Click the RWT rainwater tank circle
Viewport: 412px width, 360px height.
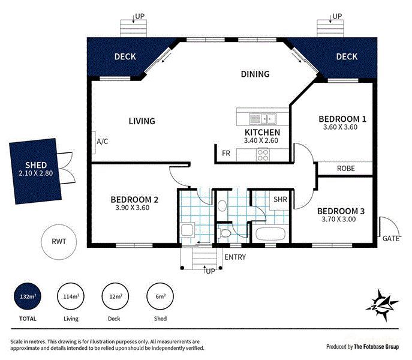click(x=59, y=243)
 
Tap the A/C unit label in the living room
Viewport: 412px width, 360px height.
click(x=102, y=142)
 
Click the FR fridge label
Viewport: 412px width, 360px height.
click(x=226, y=154)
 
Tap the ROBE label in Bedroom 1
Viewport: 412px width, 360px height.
click(x=345, y=169)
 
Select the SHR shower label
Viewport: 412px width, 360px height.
click(x=280, y=199)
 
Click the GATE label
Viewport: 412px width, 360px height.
click(x=391, y=238)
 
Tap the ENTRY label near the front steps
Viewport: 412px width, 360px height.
click(x=234, y=257)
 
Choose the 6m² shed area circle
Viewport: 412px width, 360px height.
click(x=160, y=296)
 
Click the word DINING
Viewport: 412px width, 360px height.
click(x=255, y=74)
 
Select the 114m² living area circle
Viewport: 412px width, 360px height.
click(x=71, y=296)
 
